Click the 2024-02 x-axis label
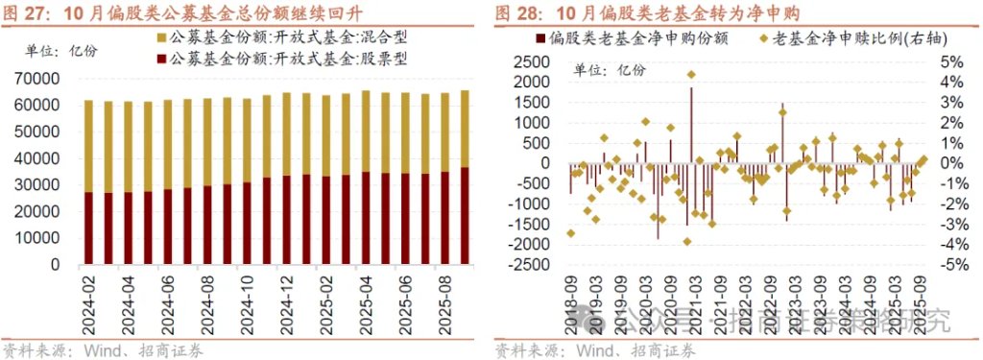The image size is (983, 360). (87, 297)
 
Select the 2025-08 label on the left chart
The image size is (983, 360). (443, 297)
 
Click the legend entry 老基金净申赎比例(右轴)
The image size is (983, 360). (835, 38)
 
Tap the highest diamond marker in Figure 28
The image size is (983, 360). (691, 74)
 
